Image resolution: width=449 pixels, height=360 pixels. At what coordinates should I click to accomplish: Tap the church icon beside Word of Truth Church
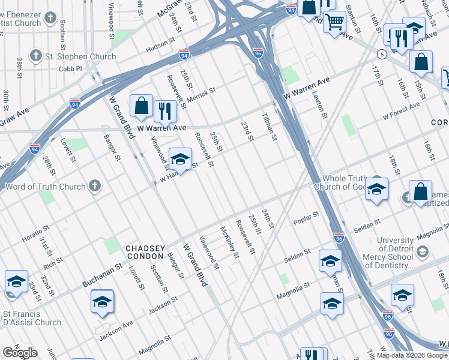coord(95,187)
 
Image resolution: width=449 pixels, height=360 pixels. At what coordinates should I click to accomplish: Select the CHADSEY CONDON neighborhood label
coord(145,253)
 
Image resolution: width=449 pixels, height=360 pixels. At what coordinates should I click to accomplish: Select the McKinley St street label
coord(230,242)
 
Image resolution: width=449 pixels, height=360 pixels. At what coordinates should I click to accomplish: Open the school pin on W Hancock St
coord(180,160)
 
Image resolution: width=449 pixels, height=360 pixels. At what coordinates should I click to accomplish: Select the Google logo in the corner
coord(20,353)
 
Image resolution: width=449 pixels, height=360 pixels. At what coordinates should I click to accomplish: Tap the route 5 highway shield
coord(382,54)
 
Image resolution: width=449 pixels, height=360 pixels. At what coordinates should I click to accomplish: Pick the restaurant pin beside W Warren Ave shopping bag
coord(163,111)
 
